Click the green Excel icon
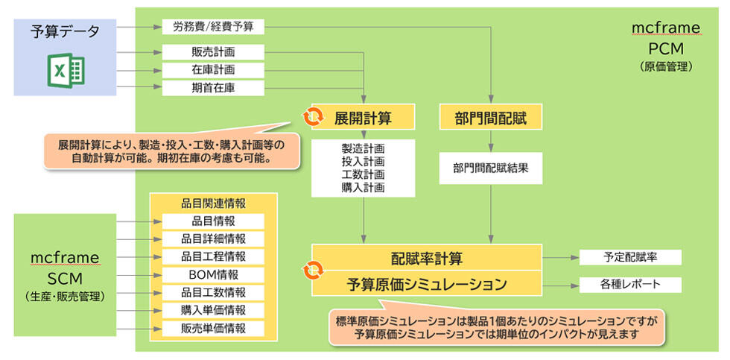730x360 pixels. [x=66, y=69]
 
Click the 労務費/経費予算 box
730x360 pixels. [x=213, y=27]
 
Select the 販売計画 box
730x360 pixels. [x=213, y=52]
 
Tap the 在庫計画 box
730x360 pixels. [x=213, y=70]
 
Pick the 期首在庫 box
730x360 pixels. [x=213, y=88]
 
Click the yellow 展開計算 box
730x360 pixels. [x=363, y=117]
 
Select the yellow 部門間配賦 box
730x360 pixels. [x=491, y=117]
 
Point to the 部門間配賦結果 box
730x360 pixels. [x=491, y=168]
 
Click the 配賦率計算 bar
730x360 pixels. [x=426, y=258]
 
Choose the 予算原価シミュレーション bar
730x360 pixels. [x=426, y=284]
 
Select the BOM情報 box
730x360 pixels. [x=213, y=274]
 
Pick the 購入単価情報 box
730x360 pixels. [x=213, y=310]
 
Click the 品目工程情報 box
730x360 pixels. [x=213, y=256]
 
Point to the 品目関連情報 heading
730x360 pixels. [x=213, y=203]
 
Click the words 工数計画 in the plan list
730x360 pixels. [x=363, y=174]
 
